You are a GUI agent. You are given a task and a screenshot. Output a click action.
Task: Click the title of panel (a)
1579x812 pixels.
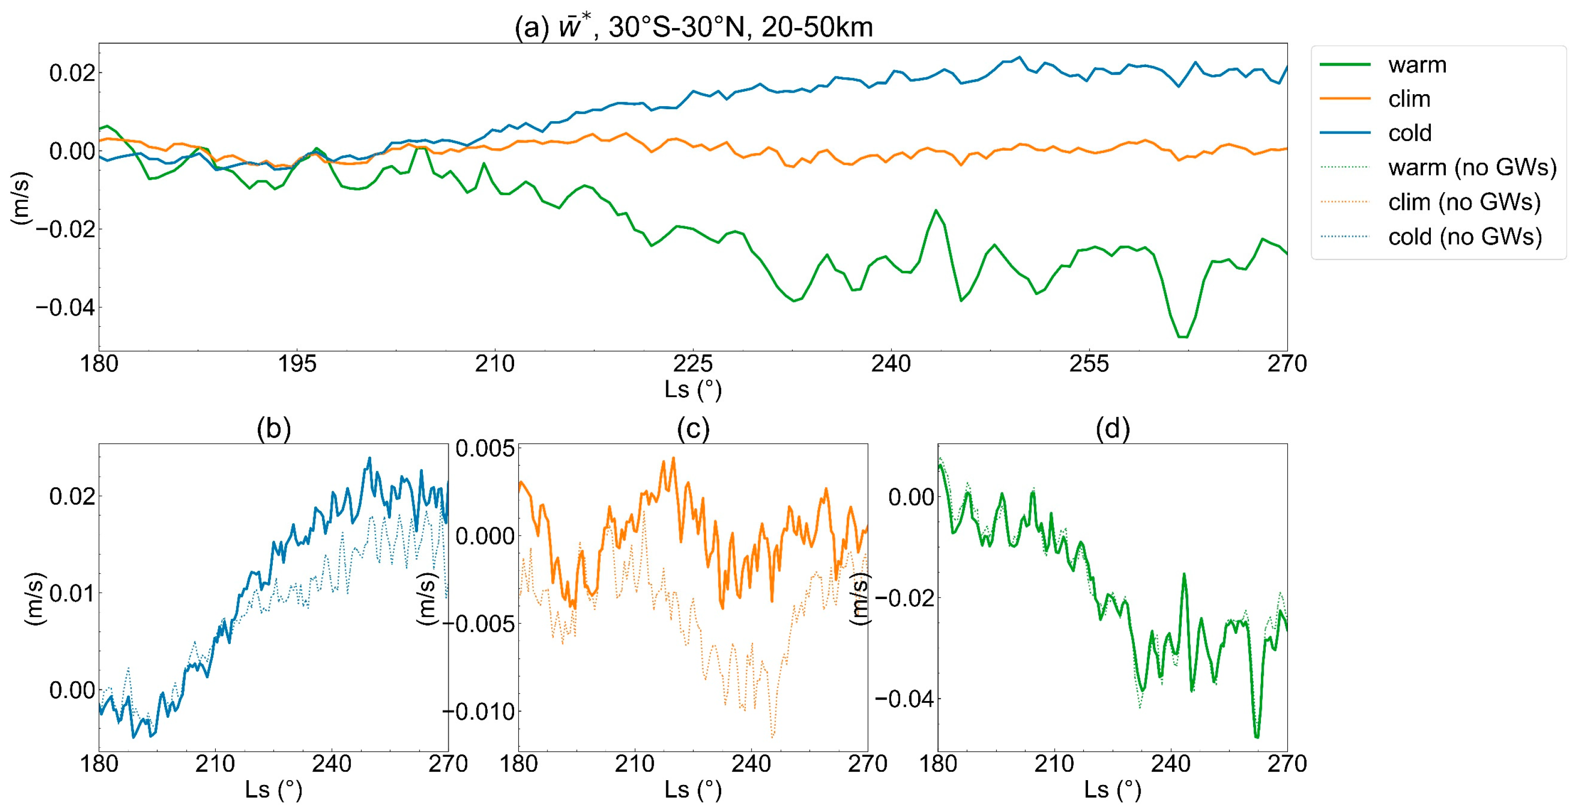click(693, 27)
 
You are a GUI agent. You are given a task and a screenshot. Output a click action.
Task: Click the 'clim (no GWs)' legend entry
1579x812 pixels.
click(1464, 202)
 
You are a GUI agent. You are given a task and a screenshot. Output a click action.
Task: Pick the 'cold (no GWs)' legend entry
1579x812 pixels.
click(1465, 236)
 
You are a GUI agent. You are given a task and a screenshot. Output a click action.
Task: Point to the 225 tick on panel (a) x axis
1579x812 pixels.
click(693, 364)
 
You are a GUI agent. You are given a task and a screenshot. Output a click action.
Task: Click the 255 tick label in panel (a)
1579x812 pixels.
click(1089, 364)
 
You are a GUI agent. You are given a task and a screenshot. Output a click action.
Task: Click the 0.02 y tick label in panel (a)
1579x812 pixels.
click(72, 73)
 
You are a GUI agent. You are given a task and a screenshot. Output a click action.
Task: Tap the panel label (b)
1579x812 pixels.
click(273, 428)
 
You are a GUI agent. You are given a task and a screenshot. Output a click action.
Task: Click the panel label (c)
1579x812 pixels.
click(693, 428)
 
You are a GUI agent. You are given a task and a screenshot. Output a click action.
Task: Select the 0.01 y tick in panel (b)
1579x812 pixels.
click(72, 593)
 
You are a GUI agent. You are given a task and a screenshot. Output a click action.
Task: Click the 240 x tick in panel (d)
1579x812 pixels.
click(1170, 764)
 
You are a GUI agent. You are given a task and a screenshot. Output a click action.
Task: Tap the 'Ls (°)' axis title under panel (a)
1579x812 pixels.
click(693, 390)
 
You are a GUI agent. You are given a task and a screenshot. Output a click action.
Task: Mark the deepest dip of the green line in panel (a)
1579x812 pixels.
click(1182, 337)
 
